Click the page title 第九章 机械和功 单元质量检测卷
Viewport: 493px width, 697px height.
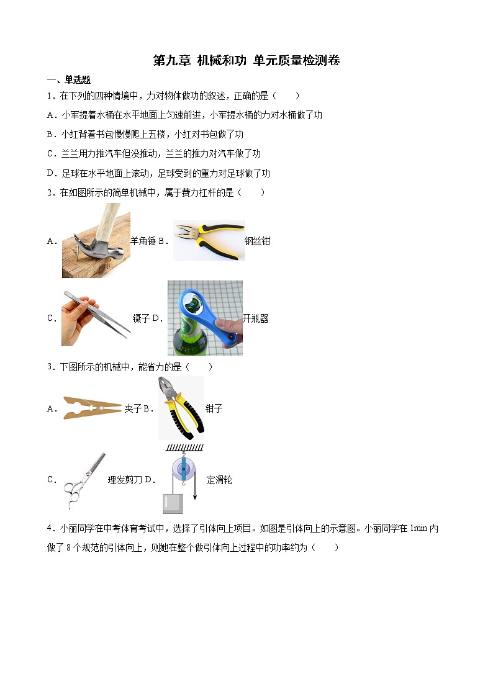pos(246,60)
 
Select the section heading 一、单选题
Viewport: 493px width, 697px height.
pos(69,79)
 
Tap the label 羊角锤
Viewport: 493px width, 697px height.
pos(143,241)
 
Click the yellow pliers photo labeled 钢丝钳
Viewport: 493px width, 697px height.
pos(209,240)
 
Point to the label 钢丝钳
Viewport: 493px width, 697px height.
pos(257,241)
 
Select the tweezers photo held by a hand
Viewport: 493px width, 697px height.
pos(96,317)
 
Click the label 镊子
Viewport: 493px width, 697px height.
pos(141,318)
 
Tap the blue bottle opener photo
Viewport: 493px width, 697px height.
pos(205,318)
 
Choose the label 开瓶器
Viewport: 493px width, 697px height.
pos(255,318)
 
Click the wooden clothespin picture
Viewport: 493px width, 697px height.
pos(92,408)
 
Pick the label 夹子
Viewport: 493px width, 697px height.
pos(133,408)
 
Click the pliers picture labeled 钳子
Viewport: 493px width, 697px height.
pos(181,408)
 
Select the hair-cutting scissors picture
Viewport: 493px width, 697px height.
pos(84,480)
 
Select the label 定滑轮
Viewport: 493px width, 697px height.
pos(219,480)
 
